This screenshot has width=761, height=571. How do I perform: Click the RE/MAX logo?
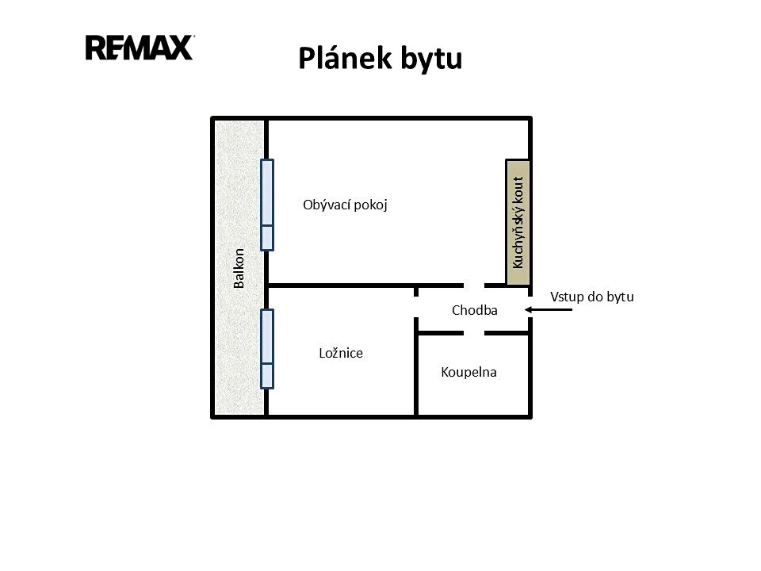(x=140, y=48)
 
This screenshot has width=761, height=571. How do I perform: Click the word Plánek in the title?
(x=345, y=59)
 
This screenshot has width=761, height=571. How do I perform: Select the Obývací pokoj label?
(x=345, y=205)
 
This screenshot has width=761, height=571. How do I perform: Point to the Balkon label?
(x=239, y=268)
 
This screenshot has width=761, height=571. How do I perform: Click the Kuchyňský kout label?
(x=518, y=222)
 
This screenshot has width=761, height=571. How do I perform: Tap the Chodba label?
(x=475, y=310)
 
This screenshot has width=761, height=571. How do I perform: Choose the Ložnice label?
(x=341, y=353)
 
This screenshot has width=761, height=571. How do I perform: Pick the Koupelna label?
(x=468, y=373)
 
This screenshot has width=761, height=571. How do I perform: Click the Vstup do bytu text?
(x=592, y=297)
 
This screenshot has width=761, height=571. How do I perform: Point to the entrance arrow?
(x=549, y=310)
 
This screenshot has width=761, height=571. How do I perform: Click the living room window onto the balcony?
(x=267, y=205)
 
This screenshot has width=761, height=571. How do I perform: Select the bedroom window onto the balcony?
(x=267, y=349)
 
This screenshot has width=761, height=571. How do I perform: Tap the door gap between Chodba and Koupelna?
(x=474, y=333)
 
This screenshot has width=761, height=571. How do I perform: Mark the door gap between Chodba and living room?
(x=474, y=285)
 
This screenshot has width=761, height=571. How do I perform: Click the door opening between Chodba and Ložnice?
(x=416, y=307)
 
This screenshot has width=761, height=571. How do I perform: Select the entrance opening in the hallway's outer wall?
(x=530, y=307)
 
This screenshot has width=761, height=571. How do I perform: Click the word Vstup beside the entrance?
(x=565, y=297)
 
